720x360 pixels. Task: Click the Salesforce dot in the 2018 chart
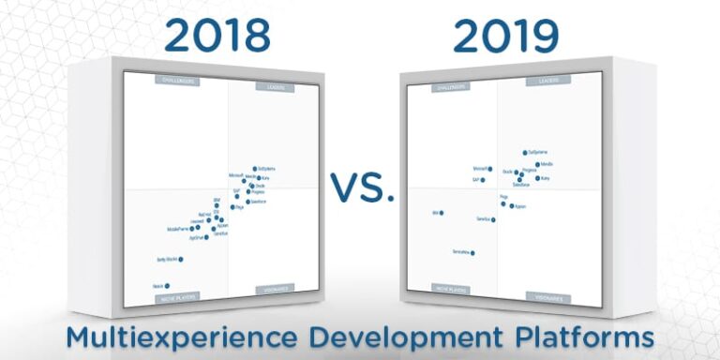coord(247,202)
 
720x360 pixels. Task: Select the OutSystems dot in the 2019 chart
coord(525,152)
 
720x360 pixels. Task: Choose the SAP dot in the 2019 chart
coord(483,179)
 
